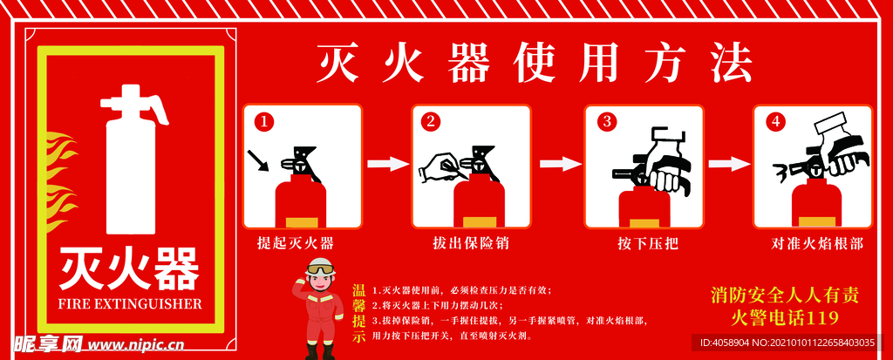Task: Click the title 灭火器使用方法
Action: click(x=534, y=62)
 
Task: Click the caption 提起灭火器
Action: click(x=296, y=243)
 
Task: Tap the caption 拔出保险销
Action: click(x=471, y=243)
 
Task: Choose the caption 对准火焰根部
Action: click(x=817, y=243)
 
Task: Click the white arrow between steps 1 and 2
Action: click(x=387, y=163)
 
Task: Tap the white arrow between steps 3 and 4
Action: click(x=728, y=163)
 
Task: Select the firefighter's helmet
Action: click(x=320, y=267)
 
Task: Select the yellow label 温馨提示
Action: click(x=358, y=313)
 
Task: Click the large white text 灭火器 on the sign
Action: click(x=129, y=268)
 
